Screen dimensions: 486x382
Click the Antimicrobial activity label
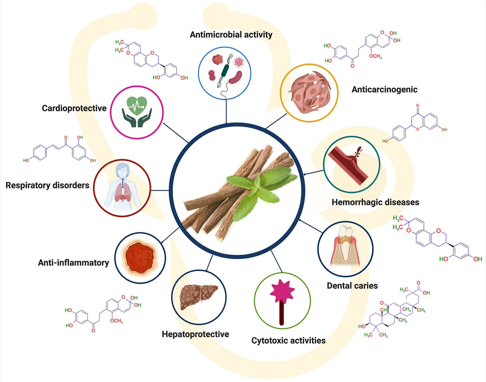click(x=231, y=35)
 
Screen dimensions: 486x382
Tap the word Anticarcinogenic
click(x=385, y=89)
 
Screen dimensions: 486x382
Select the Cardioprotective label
click(x=74, y=108)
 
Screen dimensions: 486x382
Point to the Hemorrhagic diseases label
click(x=375, y=202)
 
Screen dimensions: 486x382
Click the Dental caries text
click(x=352, y=285)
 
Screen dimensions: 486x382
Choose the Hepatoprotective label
click(x=196, y=334)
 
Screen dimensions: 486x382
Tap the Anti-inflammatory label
click(x=73, y=262)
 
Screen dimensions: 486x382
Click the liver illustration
click(x=199, y=297)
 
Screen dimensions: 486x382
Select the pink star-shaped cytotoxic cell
click(x=282, y=291)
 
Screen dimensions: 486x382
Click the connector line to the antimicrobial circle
click(x=226, y=112)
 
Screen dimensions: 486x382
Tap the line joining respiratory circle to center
click(x=160, y=191)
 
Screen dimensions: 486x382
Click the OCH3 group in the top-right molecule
click(x=376, y=56)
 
